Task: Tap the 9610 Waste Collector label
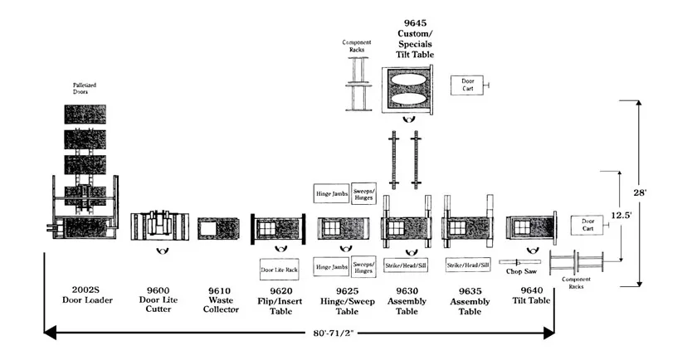click(218, 297)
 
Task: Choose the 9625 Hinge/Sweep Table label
click(342, 297)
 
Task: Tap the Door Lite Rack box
click(280, 270)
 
